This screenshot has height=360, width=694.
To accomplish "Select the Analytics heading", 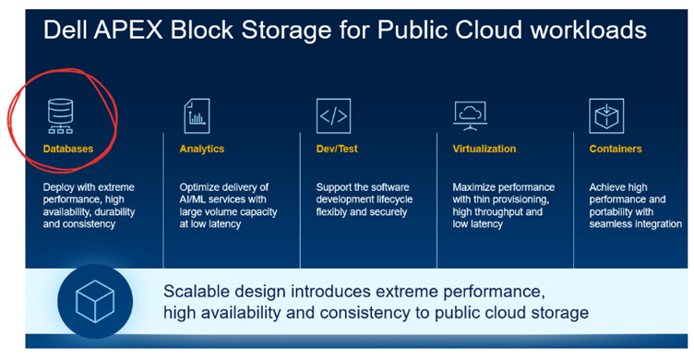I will click(x=201, y=148).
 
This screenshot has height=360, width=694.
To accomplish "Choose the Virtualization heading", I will click(x=485, y=148).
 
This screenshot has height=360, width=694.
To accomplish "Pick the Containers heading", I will click(x=616, y=148).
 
